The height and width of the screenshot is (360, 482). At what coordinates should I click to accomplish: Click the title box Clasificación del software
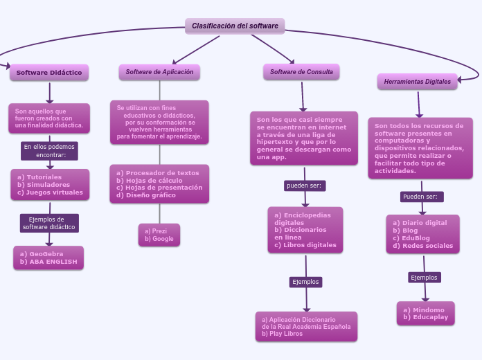point(235,26)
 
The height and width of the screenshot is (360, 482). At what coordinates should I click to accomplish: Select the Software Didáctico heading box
point(49,72)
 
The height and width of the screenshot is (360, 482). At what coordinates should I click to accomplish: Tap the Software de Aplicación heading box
point(159,72)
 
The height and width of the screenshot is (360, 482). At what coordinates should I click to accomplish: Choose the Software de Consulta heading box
point(301,72)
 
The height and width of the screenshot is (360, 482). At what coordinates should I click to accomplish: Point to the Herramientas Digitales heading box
point(417,82)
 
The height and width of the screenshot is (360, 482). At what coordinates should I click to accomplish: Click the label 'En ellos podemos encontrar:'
point(50,151)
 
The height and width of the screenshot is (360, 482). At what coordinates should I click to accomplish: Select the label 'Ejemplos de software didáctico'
point(48,223)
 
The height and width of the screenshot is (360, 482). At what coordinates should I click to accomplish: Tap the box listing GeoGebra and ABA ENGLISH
point(48,258)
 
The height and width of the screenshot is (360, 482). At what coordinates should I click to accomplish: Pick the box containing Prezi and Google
point(159,235)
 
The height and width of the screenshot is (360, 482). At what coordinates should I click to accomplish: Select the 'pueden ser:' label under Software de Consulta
point(305,186)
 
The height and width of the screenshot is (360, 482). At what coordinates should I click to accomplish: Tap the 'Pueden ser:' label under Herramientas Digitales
point(422,197)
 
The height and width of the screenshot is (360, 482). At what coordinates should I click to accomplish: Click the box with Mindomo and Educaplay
point(425,314)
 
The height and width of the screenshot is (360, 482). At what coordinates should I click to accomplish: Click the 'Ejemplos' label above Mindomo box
point(425,278)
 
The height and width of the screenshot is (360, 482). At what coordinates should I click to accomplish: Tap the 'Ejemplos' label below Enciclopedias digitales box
point(305,282)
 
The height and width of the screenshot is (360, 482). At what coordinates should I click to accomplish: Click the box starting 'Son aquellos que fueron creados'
point(49,118)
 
